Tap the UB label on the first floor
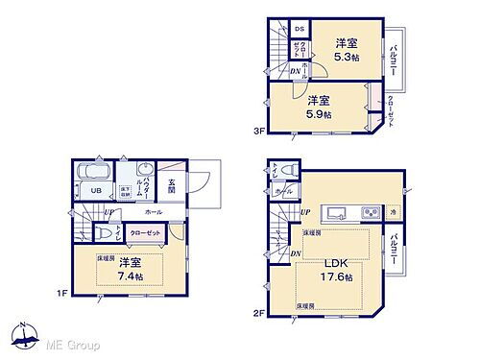96,190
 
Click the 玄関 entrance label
170,185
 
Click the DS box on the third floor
299,29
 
